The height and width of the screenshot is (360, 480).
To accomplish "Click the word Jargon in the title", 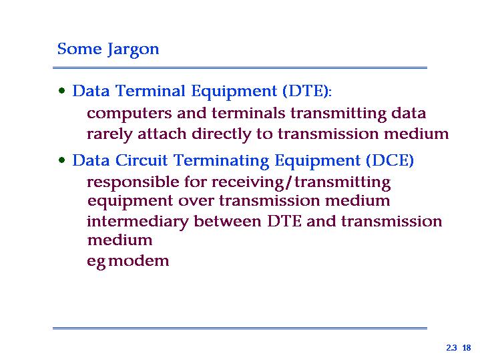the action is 133,49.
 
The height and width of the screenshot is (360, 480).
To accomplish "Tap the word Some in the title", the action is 79,49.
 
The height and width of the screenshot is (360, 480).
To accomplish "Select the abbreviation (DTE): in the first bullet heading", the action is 307,91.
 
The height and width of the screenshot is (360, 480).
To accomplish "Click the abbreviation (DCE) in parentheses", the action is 390,160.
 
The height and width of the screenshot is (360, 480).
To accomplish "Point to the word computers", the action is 130,114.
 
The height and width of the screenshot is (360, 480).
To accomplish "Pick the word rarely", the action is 109,134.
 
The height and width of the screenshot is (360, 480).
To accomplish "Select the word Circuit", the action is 142,160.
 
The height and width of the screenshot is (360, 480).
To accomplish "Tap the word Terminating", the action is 222,160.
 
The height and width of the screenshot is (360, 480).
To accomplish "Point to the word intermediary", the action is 138,222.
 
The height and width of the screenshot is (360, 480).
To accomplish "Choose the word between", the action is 228,221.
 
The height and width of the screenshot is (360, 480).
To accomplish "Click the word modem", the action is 139,260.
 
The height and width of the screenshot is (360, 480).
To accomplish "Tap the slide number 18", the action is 467,348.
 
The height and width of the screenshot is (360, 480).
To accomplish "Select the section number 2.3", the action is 451,348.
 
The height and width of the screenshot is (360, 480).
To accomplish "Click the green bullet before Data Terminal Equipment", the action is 62,91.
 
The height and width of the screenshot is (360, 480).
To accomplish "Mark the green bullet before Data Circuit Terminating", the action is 62,160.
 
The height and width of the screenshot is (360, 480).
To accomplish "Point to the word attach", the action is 162,134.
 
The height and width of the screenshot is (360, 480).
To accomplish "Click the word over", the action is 196,202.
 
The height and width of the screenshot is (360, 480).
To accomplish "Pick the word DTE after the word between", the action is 284,221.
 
